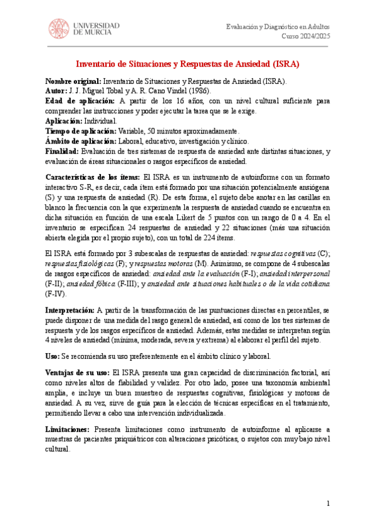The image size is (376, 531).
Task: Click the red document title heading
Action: tap(188, 64)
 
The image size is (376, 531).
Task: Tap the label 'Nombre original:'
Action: tap(73, 82)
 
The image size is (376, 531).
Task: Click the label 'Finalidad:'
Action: tap(62, 152)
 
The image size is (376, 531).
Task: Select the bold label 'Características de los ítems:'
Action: tap(93, 177)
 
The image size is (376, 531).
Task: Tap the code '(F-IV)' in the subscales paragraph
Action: tap(56, 293)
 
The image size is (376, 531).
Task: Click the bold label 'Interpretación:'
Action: tap(71, 311)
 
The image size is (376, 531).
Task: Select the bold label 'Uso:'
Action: tap(55, 355)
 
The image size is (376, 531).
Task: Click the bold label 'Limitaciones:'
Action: tap(69, 412)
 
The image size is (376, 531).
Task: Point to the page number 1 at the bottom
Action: tap(328, 504)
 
